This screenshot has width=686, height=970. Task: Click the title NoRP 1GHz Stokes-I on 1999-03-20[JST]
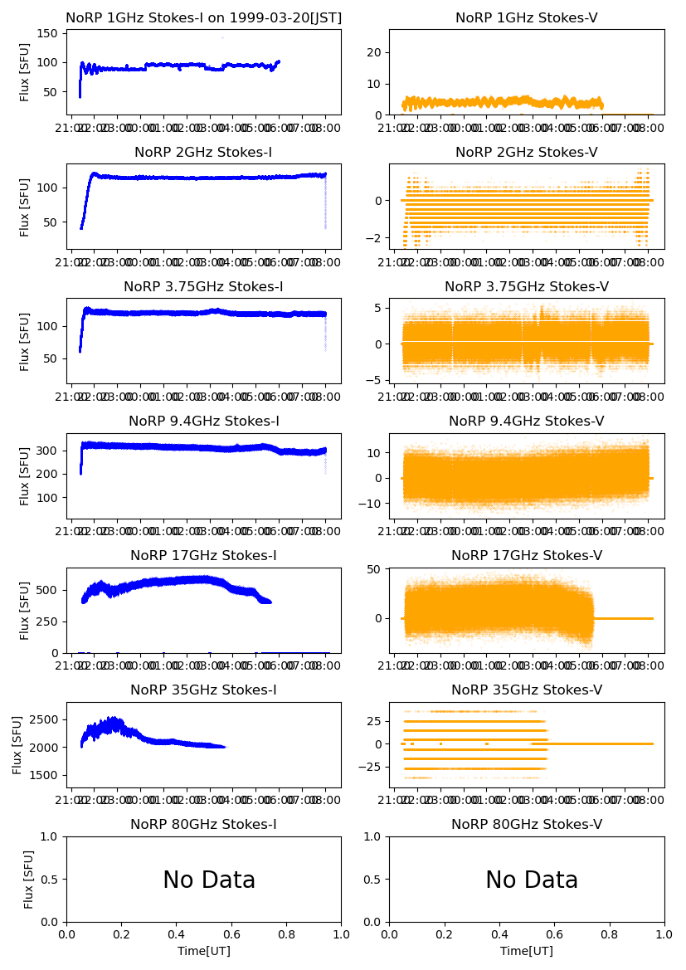[x=203, y=17]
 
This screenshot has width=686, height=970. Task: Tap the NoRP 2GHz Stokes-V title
[x=527, y=152]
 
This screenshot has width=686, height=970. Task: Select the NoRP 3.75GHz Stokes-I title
[x=203, y=286]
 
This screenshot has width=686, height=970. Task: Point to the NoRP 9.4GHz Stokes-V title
[x=527, y=421]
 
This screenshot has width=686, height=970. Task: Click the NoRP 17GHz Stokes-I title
[x=203, y=555]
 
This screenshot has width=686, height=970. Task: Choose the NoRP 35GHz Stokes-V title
[x=527, y=690]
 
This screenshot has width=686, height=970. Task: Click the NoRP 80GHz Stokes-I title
[x=203, y=824]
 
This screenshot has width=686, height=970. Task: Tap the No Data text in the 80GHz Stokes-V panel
[x=532, y=880]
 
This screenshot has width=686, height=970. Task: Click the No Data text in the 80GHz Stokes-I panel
[x=209, y=880]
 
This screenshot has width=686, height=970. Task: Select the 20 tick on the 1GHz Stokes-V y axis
[x=377, y=52]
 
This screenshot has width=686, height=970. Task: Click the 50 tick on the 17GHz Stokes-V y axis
[x=377, y=568]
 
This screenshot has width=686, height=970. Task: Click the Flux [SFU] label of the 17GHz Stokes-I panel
[x=25, y=611]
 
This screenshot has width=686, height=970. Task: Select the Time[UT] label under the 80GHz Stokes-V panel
[x=527, y=951]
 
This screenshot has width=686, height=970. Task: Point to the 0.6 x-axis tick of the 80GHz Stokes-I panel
[x=231, y=933]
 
